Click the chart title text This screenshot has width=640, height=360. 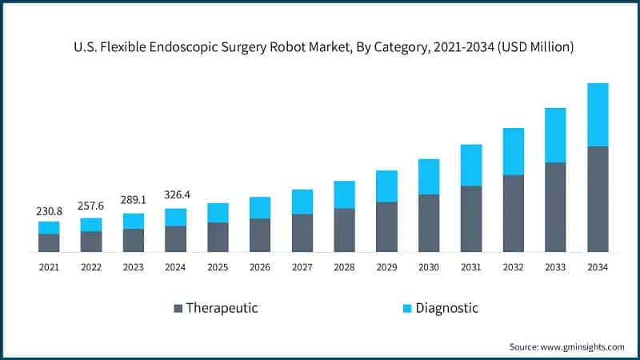pyautogui.click(x=320, y=47)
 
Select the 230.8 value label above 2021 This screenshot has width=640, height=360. pyautogui.click(x=49, y=211)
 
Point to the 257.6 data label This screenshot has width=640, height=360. pyautogui.click(x=91, y=206)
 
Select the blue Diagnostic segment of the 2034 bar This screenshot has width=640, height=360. pyautogui.click(x=598, y=114)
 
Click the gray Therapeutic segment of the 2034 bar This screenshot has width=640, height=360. pyautogui.click(x=598, y=199)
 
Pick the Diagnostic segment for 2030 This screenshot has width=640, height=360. pyautogui.click(x=429, y=177)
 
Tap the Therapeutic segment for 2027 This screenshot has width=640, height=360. pyautogui.click(x=302, y=233)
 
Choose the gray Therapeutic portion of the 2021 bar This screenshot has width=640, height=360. pyautogui.click(x=49, y=243)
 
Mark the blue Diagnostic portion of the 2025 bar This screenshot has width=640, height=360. pyautogui.click(x=218, y=213)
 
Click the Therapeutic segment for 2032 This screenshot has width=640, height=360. pyautogui.click(x=513, y=214)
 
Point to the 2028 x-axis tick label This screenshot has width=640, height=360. pyautogui.click(x=344, y=267)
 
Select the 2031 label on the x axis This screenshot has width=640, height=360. pyautogui.click(x=471, y=267)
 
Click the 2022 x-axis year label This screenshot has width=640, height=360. pyautogui.click(x=91, y=267)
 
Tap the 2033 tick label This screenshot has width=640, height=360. pyautogui.click(x=555, y=267)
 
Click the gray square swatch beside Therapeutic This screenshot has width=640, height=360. pyautogui.click(x=178, y=308)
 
